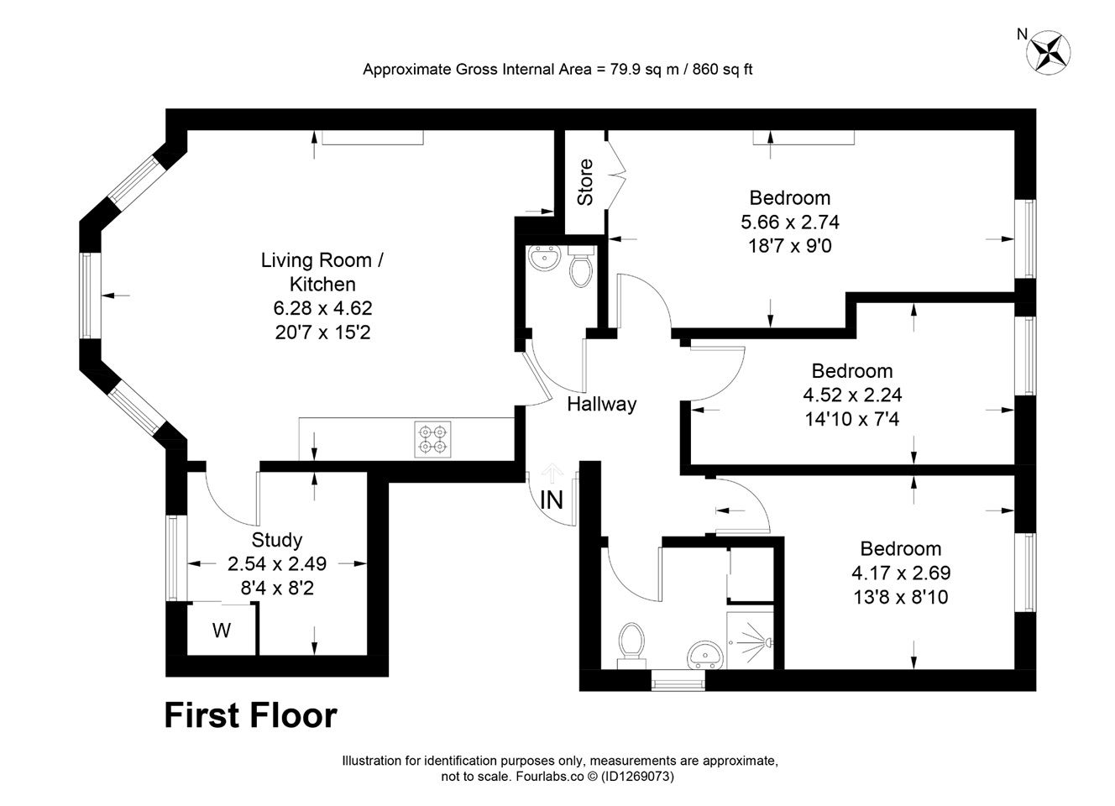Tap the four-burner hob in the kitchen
[x=432, y=440]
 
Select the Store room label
[x=585, y=182]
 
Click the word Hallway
[x=602, y=404]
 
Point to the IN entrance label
[x=552, y=500]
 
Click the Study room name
[x=277, y=540]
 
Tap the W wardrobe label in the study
[x=222, y=631]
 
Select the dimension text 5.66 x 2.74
[x=790, y=222]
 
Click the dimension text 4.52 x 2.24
[x=852, y=395]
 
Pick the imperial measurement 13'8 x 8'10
[x=901, y=597]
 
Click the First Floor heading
[x=251, y=715]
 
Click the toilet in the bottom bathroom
[x=631, y=645]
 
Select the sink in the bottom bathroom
[x=704, y=655]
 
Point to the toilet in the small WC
[x=580, y=266]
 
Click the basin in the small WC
[x=545, y=259]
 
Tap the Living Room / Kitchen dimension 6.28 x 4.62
[x=322, y=309]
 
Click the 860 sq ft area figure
[x=722, y=69]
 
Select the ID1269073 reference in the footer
[x=637, y=776]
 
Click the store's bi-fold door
[x=616, y=175]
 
